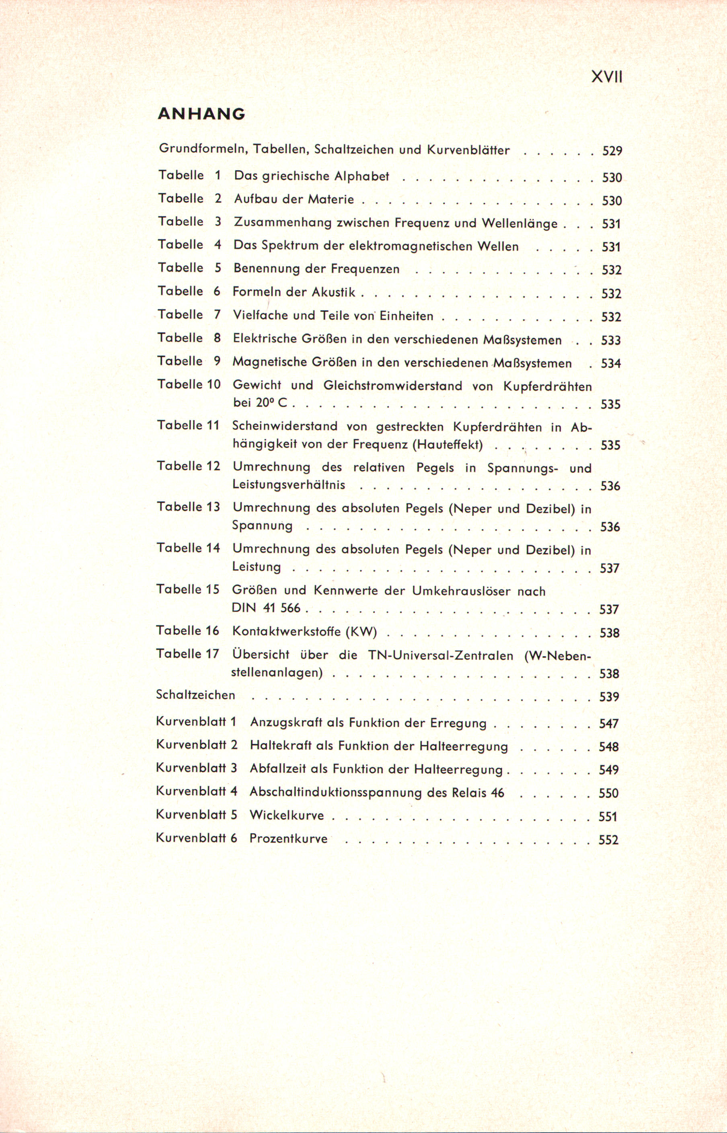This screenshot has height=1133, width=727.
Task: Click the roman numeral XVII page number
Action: tap(607, 77)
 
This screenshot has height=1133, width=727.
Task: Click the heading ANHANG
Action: tap(201, 114)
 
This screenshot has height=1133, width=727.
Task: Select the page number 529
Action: tap(612, 151)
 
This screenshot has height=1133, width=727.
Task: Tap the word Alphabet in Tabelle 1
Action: tap(362, 176)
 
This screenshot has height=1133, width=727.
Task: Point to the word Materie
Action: tap(331, 199)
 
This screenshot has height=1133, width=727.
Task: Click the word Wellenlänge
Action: tap(520, 223)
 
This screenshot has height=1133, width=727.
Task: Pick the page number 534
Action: tap(611, 364)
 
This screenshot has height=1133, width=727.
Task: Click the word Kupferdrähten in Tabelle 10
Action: tap(548, 386)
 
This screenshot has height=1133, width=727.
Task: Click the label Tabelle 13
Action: tap(188, 507)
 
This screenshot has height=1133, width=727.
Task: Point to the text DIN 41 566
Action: tap(266, 608)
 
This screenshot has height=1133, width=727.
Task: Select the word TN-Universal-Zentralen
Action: tap(439, 655)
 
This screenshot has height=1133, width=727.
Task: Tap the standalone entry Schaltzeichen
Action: tap(195, 695)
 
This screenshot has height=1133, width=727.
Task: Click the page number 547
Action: tap(608, 723)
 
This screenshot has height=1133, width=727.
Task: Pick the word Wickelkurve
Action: tap(287, 815)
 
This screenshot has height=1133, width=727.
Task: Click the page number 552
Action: tap(608, 840)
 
